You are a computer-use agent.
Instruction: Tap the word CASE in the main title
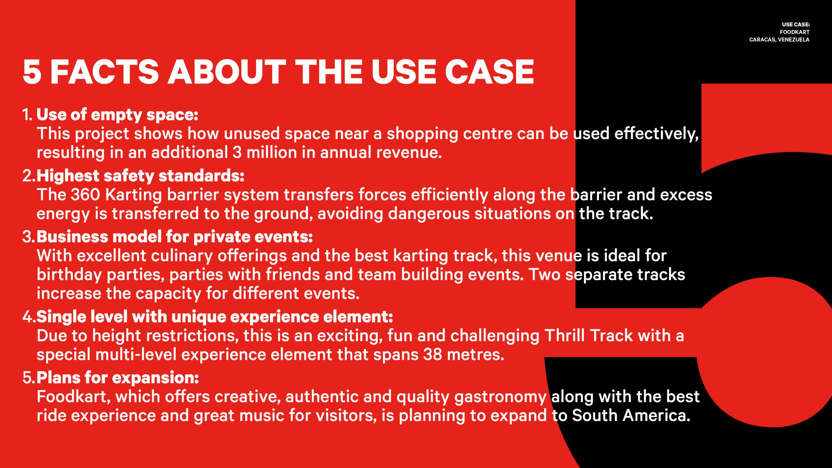(x=489, y=72)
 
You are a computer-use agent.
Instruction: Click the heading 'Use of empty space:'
(x=117, y=115)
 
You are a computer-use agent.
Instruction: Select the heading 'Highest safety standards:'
(x=140, y=176)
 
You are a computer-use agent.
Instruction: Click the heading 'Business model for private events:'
(x=175, y=237)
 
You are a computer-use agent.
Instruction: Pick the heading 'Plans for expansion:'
(x=118, y=378)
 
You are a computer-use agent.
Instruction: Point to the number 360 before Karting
(x=85, y=195)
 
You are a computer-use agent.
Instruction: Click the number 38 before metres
(x=433, y=355)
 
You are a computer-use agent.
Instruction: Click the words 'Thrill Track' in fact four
(x=589, y=336)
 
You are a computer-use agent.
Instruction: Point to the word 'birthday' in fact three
(x=69, y=275)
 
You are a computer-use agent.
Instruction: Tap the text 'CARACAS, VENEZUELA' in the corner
(x=779, y=40)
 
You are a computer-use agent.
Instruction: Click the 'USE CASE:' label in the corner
(x=796, y=24)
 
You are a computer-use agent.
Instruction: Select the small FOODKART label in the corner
(x=795, y=32)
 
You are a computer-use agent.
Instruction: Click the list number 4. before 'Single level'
(x=29, y=317)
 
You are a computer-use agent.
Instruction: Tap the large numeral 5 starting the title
(x=32, y=72)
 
